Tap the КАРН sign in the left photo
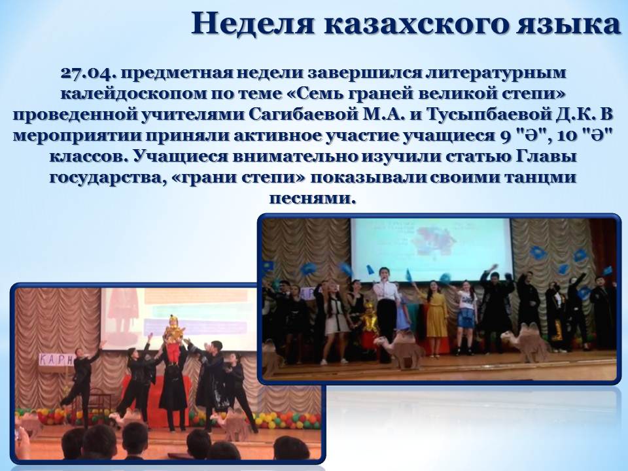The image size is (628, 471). tap(56, 360)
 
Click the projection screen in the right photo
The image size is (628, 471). tap(431, 249)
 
